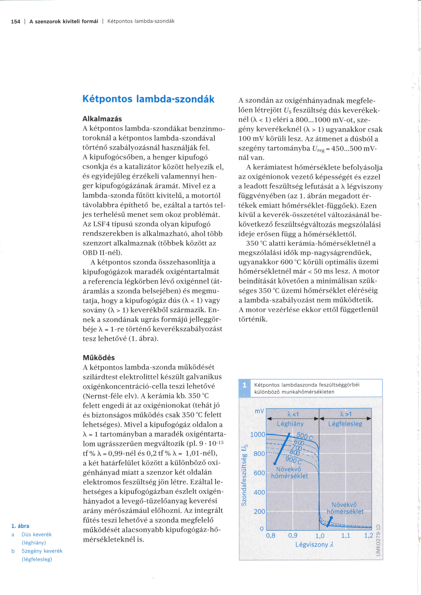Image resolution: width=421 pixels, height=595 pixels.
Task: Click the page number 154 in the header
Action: pos(16,22)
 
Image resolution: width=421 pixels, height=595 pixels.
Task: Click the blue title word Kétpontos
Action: pos(107,99)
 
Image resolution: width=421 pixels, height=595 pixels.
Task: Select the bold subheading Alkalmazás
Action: pos(102,119)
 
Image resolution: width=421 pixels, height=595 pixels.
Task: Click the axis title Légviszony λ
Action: pos(314,544)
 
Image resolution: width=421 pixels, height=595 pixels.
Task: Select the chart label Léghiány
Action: pos(290,424)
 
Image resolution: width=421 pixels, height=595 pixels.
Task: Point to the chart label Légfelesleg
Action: pos(345,424)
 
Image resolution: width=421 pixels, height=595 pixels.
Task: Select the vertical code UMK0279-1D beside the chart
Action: pos(378,540)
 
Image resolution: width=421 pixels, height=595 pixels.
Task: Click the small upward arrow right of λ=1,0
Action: pos(330,521)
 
